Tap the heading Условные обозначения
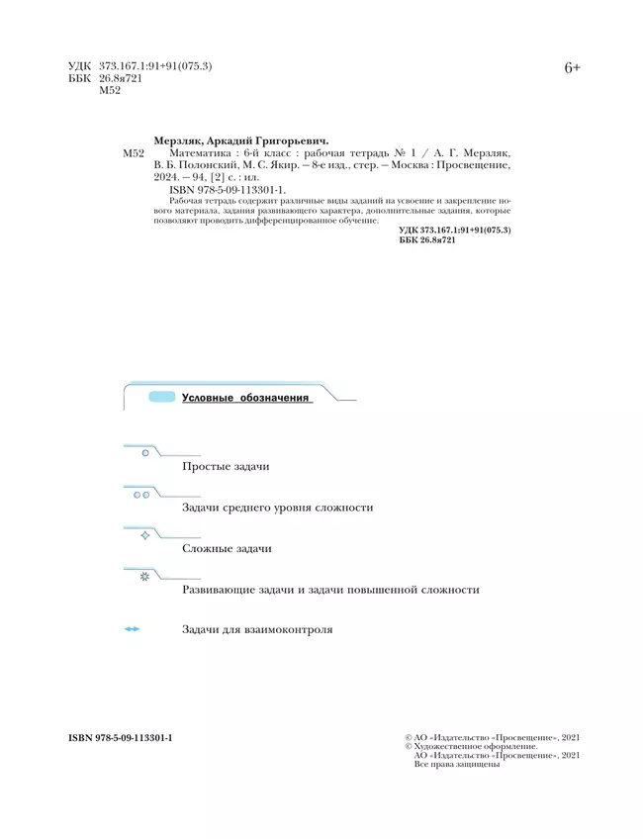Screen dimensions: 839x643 point(246,398)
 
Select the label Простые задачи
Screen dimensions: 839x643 point(227,465)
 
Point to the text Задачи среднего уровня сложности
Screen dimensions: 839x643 point(278,507)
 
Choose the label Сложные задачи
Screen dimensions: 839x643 point(228,548)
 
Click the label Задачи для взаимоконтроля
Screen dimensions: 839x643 point(257,629)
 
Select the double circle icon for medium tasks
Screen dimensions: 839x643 point(141,494)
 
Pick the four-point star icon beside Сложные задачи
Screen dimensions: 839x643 point(145,534)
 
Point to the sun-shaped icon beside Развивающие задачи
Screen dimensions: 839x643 point(144,576)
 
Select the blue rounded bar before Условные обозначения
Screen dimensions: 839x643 point(161,398)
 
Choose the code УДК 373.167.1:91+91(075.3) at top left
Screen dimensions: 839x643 point(140,65)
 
